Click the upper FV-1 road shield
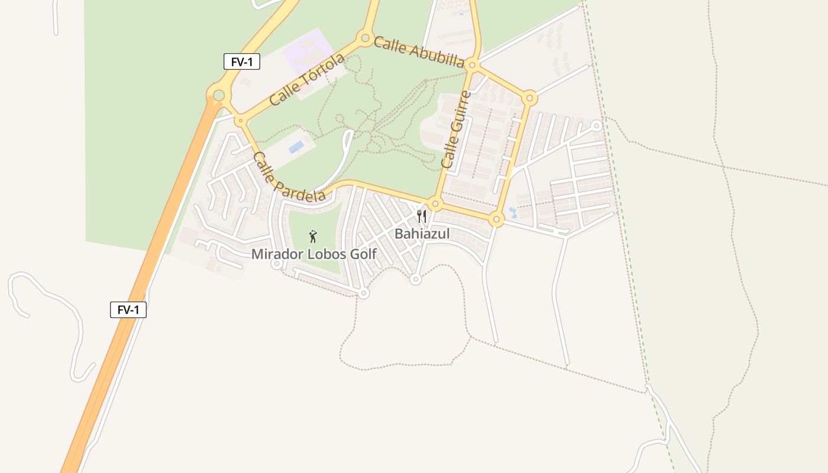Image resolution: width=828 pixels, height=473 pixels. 241,61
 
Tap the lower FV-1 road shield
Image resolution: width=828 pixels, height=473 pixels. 128,309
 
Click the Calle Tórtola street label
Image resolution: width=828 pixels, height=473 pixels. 306,80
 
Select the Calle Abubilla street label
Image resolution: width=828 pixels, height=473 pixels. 419,52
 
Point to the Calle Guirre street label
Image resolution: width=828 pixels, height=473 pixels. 456,129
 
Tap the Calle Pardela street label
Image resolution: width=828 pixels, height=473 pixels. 289,177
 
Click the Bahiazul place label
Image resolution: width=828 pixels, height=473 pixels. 422,234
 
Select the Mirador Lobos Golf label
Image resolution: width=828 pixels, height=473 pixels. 313,254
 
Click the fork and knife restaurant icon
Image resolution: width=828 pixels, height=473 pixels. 421,216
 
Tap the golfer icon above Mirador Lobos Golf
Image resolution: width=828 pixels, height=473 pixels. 313,237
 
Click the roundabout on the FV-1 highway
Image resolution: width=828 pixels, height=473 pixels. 219,95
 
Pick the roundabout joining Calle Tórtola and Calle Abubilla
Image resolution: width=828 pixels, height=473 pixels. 365,39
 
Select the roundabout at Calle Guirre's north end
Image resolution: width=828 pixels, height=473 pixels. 472,64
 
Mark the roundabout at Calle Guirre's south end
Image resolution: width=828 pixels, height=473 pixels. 436,205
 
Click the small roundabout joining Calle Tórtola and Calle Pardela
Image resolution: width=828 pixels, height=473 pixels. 241,121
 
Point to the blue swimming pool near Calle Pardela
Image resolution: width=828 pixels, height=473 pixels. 296,146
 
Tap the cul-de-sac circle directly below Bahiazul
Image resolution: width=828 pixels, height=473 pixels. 416,280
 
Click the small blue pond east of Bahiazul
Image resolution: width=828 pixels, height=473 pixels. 512,212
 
